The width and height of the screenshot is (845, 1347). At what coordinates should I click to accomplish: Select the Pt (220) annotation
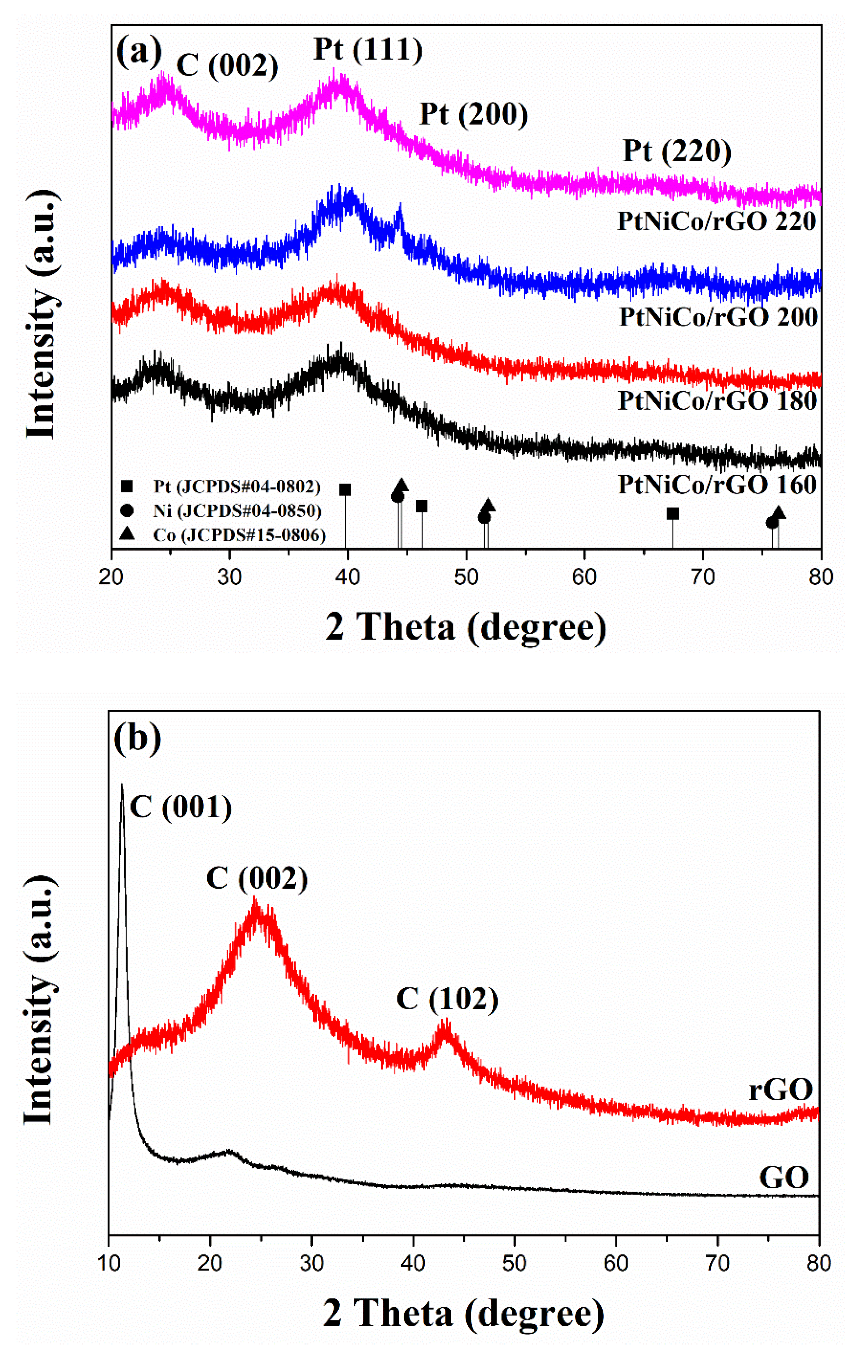pos(677,151)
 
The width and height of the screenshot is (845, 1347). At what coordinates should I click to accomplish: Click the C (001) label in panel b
pos(180,807)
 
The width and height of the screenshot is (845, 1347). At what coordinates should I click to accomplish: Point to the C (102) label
pos(447,999)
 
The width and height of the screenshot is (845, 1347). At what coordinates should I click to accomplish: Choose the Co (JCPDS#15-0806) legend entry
pos(239,535)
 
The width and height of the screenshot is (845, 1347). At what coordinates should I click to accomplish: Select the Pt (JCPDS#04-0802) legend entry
pos(237,486)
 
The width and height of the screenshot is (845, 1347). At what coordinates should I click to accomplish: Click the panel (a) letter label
pos(138,52)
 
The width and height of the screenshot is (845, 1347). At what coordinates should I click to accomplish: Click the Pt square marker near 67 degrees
pos(673,513)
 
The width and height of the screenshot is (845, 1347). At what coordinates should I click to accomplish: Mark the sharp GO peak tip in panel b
pos(122,786)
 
